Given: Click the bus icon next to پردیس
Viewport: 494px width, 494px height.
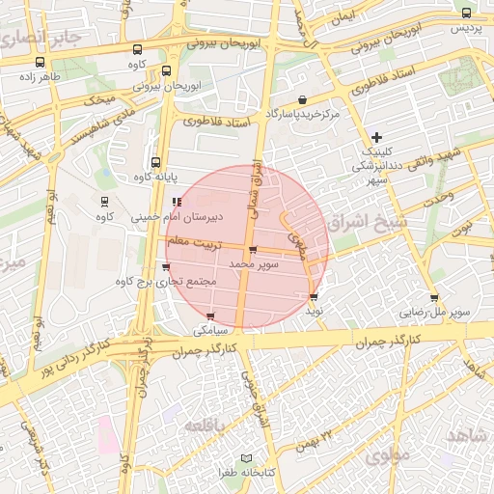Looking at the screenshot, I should (x=467, y=14).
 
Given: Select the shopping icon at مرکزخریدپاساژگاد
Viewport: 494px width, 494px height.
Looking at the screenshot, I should (x=303, y=99).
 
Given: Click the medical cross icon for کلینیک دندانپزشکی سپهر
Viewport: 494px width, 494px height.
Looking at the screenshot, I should (x=376, y=137).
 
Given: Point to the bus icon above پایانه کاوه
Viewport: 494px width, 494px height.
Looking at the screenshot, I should (x=156, y=162).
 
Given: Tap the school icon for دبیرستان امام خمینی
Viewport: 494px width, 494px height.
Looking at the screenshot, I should (x=176, y=202).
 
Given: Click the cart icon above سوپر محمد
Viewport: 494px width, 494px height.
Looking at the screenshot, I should (x=253, y=250).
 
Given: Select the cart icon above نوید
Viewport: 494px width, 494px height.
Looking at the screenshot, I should (x=314, y=296).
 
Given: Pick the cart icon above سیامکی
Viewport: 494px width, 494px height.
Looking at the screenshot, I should (x=210, y=316).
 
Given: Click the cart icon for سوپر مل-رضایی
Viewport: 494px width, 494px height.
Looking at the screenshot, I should (x=434, y=297).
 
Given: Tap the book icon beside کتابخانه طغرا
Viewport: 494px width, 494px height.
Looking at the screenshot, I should (x=246, y=457).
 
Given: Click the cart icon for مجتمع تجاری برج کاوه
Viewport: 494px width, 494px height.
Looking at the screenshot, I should (x=167, y=266).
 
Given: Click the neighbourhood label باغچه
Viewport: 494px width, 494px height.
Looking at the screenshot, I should (x=207, y=425).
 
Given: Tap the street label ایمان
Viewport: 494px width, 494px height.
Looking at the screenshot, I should (x=342, y=17).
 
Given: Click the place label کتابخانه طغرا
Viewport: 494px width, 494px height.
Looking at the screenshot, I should (x=214, y=473).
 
